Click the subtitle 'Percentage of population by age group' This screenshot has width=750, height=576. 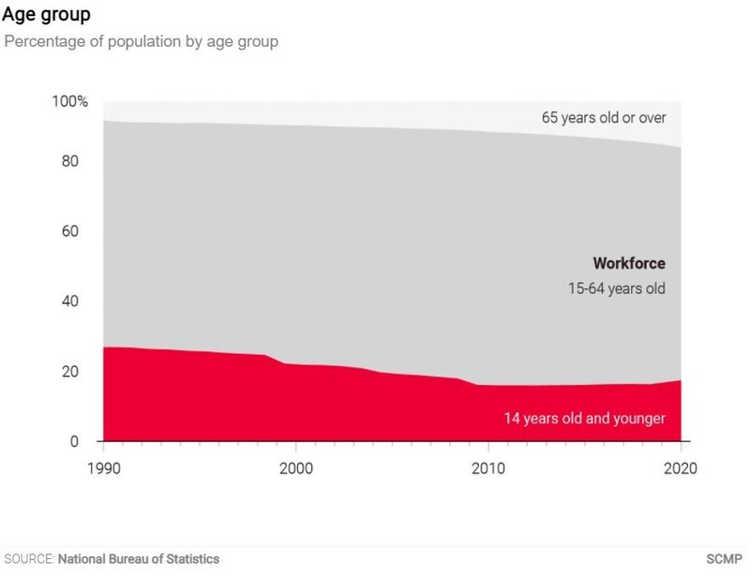[x=142, y=42]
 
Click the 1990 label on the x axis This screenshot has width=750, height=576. [x=103, y=468]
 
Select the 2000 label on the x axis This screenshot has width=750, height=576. [x=295, y=468]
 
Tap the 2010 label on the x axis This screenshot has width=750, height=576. [x=487, y=468]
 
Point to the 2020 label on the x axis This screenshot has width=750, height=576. [x=680, y=468]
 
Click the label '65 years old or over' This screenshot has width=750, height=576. [x=603, y=118]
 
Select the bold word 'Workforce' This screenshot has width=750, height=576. [x=628, y=264]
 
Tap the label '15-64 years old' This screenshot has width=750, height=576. [x=617, y=288]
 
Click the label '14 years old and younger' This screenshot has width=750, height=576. [x=584, y=418]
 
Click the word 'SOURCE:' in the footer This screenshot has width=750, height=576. [x=29, y=559]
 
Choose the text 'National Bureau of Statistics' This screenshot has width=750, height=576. [x=139, y=559]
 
